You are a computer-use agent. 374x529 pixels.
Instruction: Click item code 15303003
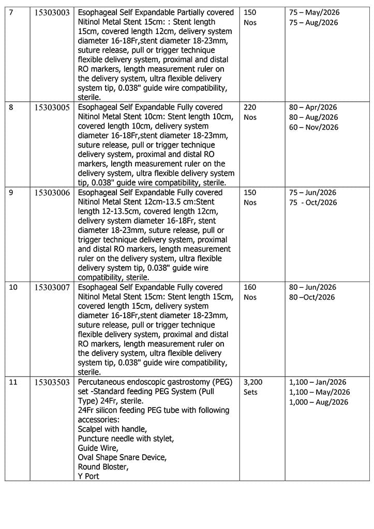point(52,12)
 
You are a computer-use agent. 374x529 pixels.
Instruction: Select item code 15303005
point(52,107)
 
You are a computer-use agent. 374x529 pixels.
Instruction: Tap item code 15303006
point(52,193)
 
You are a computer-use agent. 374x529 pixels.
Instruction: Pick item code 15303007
point(52,287)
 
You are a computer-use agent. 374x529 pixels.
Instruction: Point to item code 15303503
point(52,382)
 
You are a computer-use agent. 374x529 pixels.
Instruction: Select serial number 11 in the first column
point(13,382)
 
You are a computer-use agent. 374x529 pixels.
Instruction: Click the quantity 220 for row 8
point(250,107)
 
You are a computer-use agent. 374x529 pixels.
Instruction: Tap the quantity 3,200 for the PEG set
point(253,382)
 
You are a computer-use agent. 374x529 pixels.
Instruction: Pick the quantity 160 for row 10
point(250,287)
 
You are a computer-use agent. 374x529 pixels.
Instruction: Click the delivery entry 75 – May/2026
point(313,12)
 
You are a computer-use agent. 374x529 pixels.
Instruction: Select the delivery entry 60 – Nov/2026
point(313,127)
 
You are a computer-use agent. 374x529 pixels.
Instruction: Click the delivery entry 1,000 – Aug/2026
point(319,402)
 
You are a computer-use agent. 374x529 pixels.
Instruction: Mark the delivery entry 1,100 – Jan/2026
point(318,382)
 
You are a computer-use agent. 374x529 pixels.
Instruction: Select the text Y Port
point(88,476)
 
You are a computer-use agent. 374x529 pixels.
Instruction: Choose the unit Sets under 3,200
point(251,392)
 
